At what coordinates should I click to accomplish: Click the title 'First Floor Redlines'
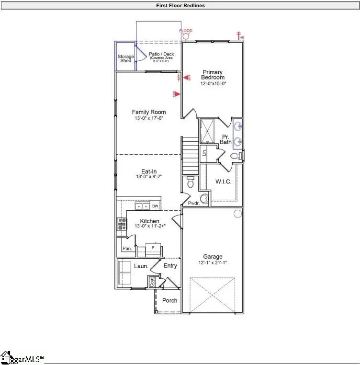click(x=180, y=6)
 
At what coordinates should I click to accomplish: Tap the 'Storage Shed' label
click(x=126, y=58)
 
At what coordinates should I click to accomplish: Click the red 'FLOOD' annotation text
click(x=186, y=31)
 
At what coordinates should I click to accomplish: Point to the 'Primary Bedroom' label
click(x=213, y=75)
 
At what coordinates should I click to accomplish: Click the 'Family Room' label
click(x=149, y=112)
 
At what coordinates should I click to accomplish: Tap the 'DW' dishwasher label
click(x=155, y=206)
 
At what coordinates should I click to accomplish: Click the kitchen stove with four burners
click(x=122, y=223)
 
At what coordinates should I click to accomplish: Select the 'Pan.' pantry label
click(x=127, y=248)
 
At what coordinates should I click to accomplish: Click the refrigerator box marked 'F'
click(x=153, y=248)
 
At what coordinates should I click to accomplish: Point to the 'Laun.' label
click(x=140, y=266)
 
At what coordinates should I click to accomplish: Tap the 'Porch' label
click(x=169, y=300)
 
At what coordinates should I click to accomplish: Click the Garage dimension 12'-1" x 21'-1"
click(x=212, y=262)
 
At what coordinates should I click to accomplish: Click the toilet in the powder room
click(x=191, y=182)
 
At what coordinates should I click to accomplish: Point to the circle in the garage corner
click(x=237, y=214)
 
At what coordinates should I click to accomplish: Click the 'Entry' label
click(x=170, y=265)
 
